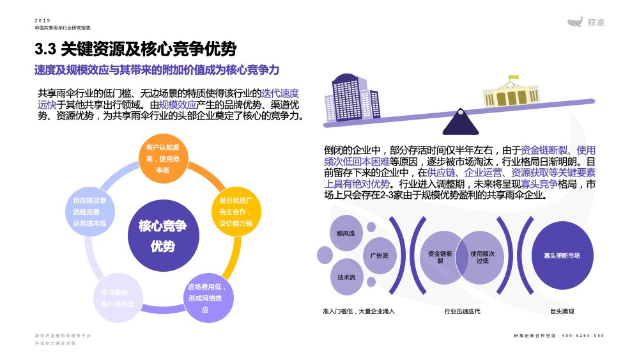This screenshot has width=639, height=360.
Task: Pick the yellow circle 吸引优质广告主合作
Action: click(236, 212)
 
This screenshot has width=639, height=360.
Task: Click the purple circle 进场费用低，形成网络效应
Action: click(206, 297)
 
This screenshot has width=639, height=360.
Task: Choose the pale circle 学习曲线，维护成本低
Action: click(117, 298)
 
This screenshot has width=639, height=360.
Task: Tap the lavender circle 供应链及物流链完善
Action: click(89, 212)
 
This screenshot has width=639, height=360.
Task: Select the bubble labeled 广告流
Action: click(379, 256)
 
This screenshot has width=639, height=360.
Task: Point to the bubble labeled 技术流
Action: click(346, 278)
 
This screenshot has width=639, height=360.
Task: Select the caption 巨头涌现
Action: click(562, 311)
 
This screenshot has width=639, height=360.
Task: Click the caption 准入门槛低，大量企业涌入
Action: click(358, 311)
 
